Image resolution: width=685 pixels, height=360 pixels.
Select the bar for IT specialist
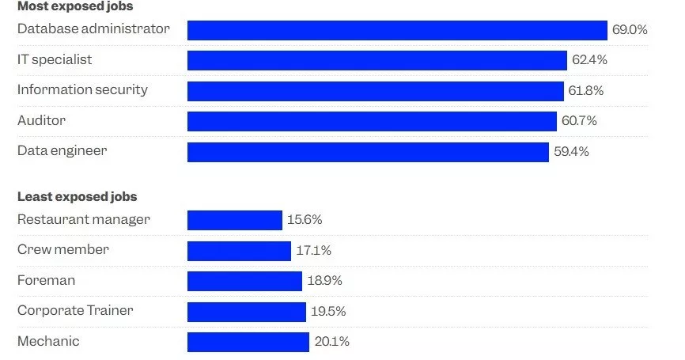[377, 60]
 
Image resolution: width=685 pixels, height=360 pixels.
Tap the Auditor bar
[372, 121]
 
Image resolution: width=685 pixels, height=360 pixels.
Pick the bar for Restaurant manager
[235, 220]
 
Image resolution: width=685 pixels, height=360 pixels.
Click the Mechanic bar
[248, 342]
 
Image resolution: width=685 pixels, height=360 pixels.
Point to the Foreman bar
[244, 281]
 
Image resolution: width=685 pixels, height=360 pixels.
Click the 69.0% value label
[630, 30]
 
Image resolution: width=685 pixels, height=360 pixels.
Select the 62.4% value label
[589, 60]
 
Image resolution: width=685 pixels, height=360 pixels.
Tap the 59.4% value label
[571, 152]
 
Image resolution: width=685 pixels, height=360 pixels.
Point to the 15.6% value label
[305, 220]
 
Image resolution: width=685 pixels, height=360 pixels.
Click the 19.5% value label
[328, 312]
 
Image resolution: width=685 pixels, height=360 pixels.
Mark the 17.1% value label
[313, 251]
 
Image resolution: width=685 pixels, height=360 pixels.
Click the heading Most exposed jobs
[75, 6]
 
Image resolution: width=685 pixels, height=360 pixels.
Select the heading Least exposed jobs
[77, 197]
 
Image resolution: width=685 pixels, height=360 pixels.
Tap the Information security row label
[82, 89]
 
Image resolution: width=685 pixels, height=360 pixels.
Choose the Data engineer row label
[62, 150]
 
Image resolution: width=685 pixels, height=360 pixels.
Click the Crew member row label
[63, 250]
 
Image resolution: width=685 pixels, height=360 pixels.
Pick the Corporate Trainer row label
[75, 311]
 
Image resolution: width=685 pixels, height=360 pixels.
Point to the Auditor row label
[41, 120]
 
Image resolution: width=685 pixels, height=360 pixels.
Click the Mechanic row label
[48, 341]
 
